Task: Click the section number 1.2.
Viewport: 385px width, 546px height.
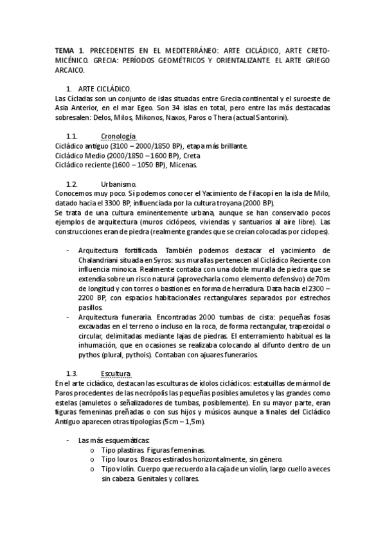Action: click(x=72, y=184)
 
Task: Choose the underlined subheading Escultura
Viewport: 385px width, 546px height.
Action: click(x=116, y=373)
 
